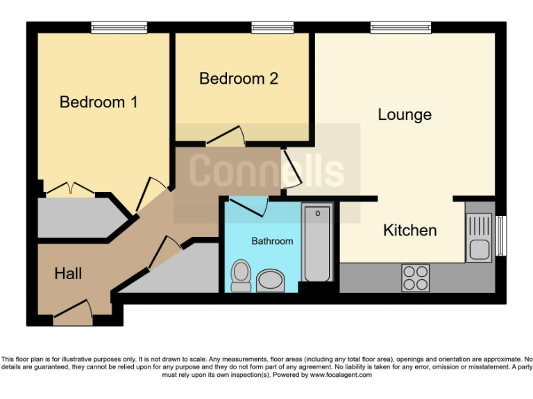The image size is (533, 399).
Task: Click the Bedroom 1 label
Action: point(99,103)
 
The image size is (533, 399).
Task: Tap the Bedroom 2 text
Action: point(239,78)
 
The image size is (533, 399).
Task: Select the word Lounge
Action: point(405,115)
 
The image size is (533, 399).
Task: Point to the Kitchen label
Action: point(409,231)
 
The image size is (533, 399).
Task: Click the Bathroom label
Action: point(272,241)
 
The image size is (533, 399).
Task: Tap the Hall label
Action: point(68,274)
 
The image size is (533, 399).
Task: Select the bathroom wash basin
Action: point(270,281)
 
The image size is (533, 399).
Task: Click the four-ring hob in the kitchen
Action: point(415,278)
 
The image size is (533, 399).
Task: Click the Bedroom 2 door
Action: point(223,136)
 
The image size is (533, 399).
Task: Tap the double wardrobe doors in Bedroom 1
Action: point(72,188)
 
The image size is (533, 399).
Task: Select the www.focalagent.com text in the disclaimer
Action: point(340,375)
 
